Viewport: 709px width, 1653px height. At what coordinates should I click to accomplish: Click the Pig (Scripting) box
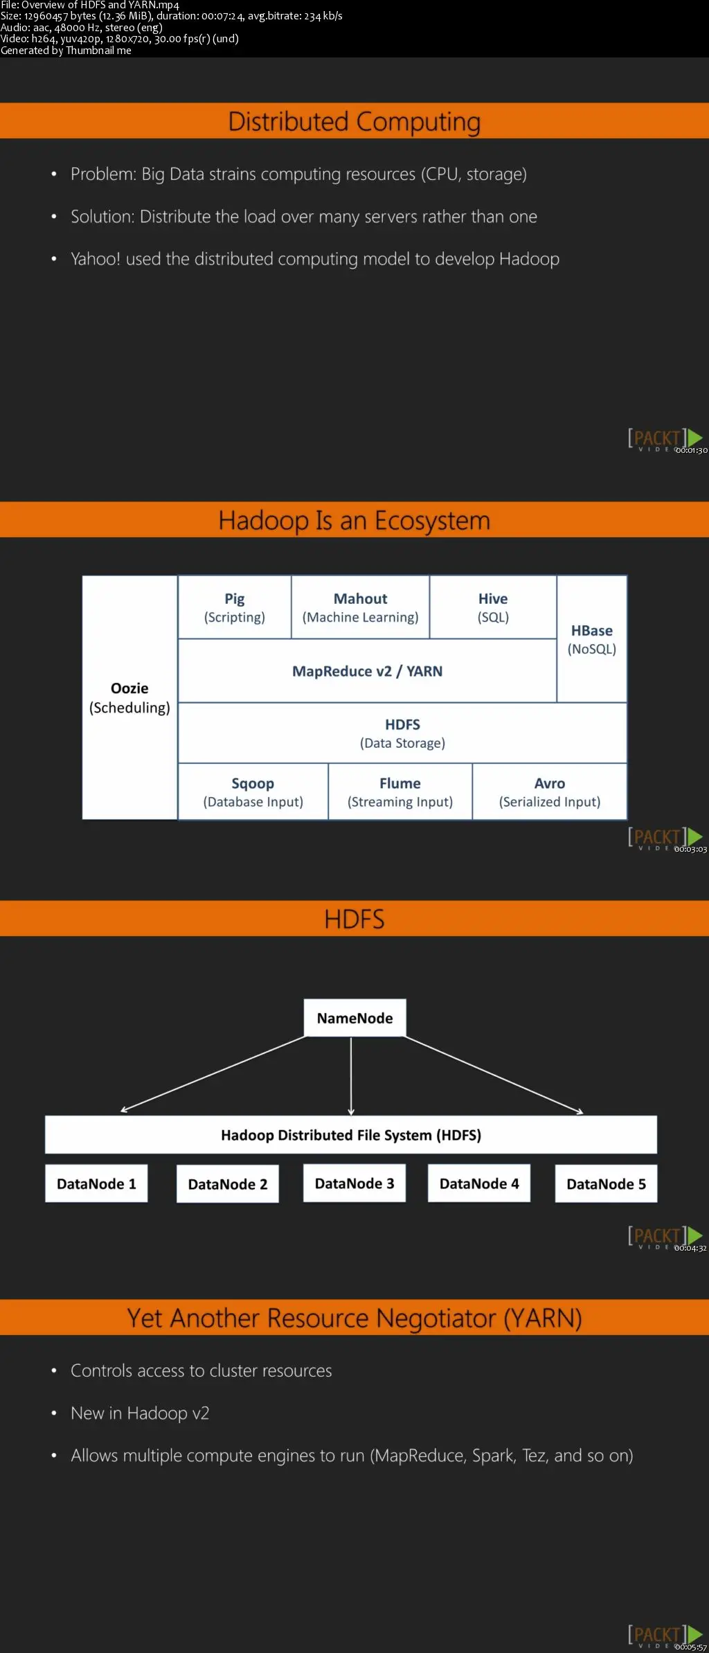tap(234, 607)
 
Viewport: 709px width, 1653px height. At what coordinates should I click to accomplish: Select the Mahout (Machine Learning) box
tap(360, 607)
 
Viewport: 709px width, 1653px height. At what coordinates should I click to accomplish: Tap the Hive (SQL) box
tap(493, 607)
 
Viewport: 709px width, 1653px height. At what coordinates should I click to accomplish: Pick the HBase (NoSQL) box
tap(592, 639)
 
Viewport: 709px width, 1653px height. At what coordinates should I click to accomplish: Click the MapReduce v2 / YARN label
tap(367, 671)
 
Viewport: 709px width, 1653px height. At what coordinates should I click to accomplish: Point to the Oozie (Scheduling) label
tap(129, 697)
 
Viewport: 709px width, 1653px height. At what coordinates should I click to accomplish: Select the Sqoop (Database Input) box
tap(253, 792)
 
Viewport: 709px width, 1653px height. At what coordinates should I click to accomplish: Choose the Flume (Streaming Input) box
tap(400, 792)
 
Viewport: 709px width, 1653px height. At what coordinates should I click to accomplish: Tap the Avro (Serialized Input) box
tap(550, 792)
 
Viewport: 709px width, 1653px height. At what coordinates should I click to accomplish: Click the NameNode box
tap(354, 1018)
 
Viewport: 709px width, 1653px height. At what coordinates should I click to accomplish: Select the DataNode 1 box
tap(96, 1183)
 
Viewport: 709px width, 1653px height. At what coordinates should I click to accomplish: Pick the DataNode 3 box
tap(354, 1183)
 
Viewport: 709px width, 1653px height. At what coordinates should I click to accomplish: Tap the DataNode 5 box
tap(606, 1183)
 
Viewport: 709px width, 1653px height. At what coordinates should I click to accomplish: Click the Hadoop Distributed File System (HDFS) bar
tap(351, 1135)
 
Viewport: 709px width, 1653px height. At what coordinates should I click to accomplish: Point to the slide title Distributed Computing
tap(354, 122)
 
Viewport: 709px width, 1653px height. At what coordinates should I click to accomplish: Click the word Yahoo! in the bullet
tap(96, 259)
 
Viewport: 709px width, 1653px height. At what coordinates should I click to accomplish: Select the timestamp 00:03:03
tap(690, 849)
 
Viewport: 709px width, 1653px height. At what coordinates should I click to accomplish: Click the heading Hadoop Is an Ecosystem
tap(354, 521)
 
